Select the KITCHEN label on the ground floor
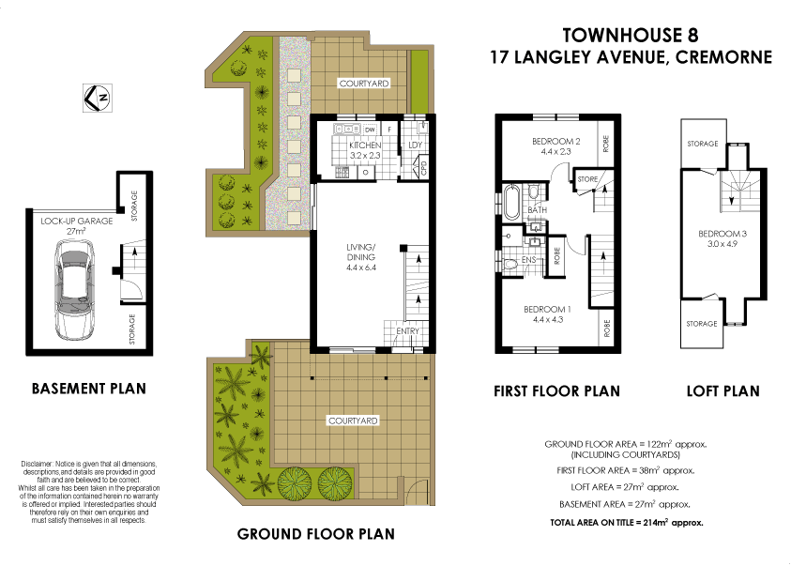[365, 147]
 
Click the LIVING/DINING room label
[360, 252]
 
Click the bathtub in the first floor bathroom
[511, 203]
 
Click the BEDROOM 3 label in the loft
[721, 234]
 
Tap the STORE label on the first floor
[588, 178]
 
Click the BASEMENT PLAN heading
[89, 388]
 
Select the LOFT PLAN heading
[723, 390]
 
